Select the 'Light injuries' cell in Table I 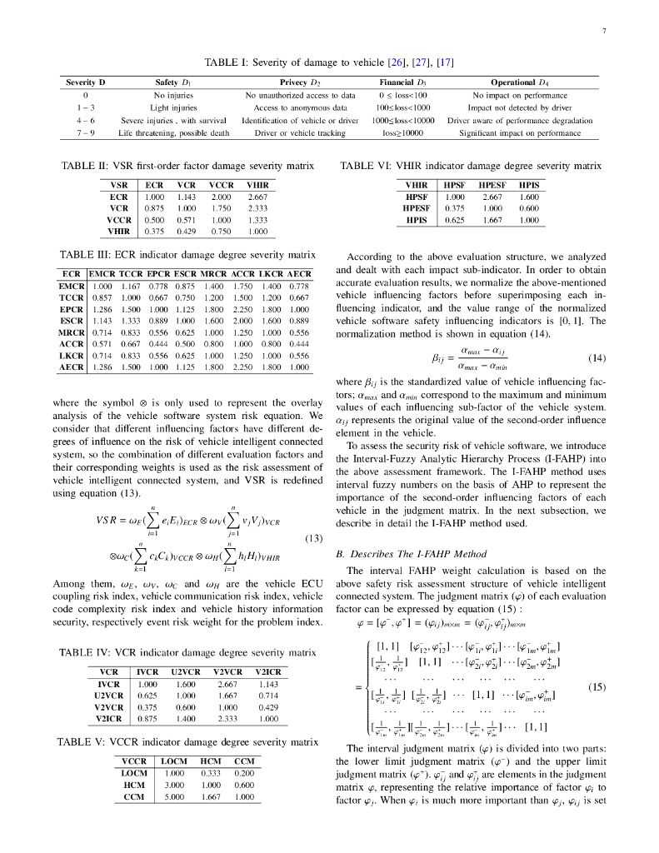(x=173, y=107)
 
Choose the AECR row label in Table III (x=72, y=367)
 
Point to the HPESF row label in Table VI (x=415, y=208)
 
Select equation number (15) (x=595, y=687)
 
